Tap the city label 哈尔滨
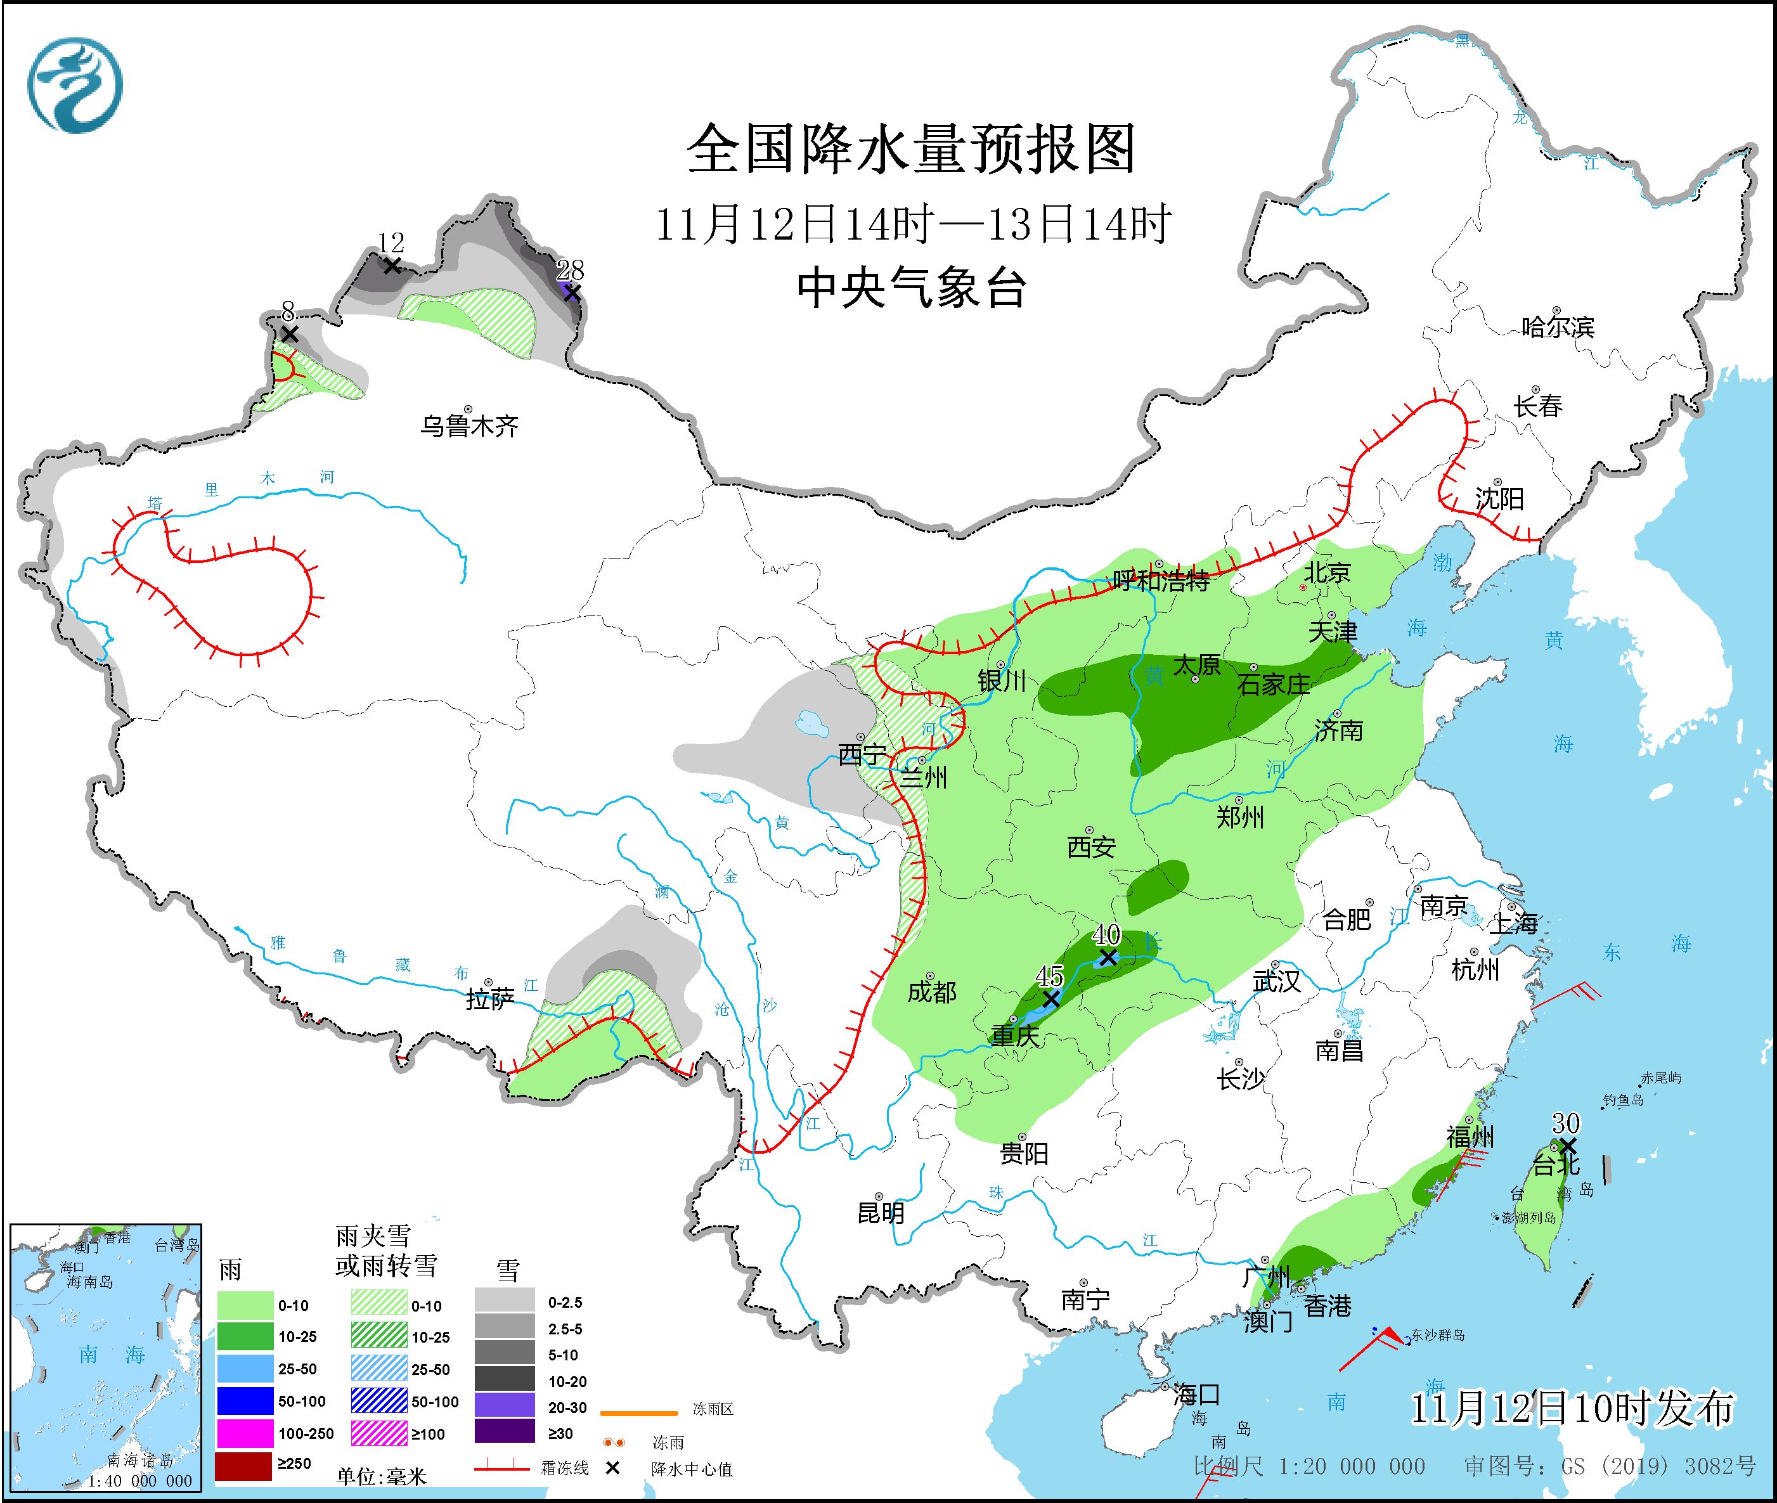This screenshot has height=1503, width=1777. click(x=1557, y=327)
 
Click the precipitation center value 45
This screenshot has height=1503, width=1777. click(x=1049, y=976)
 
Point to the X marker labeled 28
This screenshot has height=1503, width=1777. click(x=572, y=293)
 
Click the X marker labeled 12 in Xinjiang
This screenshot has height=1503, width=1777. click(x=391, y=266)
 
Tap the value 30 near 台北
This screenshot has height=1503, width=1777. click(x=1566, y=1123)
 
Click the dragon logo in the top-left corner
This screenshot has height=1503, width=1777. click(x=75, y=85)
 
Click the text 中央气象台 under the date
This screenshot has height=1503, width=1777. click(x=911, y=288)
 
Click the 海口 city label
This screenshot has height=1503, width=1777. click(x=1196, y=1395)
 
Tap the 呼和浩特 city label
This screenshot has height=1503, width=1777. click(x=1161, y=582)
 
